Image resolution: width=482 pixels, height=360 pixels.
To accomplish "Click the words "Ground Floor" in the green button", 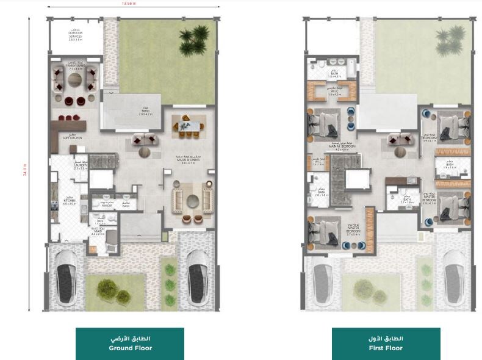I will (x=130, y=348).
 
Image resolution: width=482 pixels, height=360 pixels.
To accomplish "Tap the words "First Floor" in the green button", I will (x=386, y=348).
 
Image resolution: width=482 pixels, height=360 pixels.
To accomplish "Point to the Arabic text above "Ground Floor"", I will (x=130, y=339).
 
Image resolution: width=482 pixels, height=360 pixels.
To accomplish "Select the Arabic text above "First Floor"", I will (x=386, y=339).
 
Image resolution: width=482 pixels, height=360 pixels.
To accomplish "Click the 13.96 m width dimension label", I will (x=129, y=4).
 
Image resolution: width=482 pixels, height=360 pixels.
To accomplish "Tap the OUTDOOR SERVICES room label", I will (x=76, y=35).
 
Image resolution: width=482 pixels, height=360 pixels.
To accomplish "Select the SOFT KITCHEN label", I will (x=72, y=137).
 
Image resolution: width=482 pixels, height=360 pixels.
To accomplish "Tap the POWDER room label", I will (x=107, y=206).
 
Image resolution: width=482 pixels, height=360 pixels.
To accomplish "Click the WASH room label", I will (x=126, y=206).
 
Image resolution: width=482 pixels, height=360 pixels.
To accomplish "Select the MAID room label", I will (x=98, y=232).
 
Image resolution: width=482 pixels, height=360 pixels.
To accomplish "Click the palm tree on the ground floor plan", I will (x=194, y=38).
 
